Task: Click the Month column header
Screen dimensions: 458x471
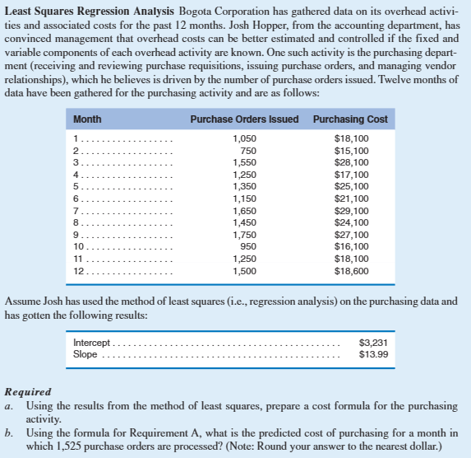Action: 87,119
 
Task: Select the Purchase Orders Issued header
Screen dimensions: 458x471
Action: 244,119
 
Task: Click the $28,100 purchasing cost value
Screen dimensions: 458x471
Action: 351,163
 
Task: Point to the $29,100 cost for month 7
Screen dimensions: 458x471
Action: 351,211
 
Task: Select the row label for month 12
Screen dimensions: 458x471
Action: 80,271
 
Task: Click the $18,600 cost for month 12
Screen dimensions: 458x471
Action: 351,271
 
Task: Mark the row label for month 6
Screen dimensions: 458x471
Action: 76,199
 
